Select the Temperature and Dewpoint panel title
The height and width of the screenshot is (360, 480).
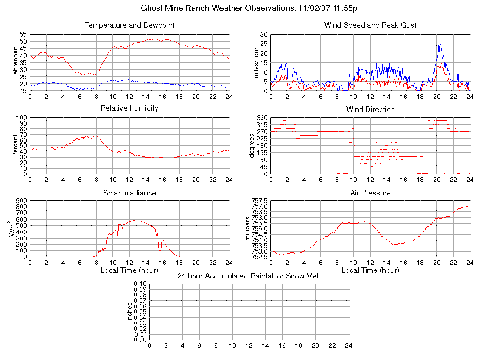(129, 25)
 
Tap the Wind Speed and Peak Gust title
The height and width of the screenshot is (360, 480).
(370, 25)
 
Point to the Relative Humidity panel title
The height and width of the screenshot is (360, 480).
(129, 108)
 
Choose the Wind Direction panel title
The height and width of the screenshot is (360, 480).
(370, 110)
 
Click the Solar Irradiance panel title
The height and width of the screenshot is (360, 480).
(129, 193)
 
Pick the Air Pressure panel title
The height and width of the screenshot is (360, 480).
(370, 193)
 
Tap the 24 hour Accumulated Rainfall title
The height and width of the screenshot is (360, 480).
(249, 276)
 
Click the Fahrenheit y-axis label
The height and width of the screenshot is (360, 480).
(15, 62)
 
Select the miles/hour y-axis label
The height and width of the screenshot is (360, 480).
(256, 62)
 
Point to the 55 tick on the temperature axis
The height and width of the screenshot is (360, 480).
(23, 35)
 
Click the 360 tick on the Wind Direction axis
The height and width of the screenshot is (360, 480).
(262, 118)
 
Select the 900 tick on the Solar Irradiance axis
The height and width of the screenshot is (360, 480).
(22, 201)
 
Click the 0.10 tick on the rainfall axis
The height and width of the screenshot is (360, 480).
(140, 284)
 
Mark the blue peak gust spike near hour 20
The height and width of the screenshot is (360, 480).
(439, 43)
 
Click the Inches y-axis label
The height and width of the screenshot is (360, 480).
(130, 312)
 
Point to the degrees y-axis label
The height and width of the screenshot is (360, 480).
(252, 145)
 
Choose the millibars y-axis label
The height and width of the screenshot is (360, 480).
(248, 228)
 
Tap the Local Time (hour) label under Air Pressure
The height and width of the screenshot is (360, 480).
(370, 270)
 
